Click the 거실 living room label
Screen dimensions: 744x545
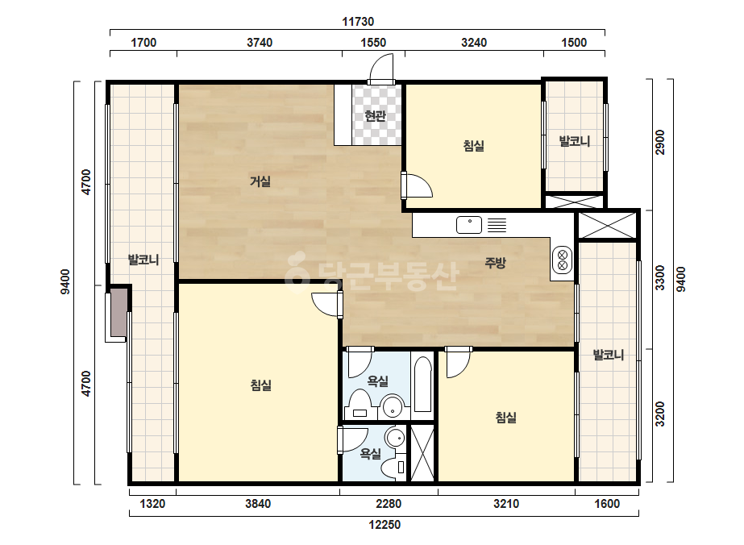click(260, 181)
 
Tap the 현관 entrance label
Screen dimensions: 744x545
click(376, 115)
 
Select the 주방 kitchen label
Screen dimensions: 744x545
click(496, 263)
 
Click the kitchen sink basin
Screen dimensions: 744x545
click(469, 225)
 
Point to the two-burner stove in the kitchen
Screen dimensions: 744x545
click(563, 260)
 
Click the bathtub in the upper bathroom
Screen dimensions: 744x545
click(422, 384)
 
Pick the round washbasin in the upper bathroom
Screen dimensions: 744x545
click(393, 406)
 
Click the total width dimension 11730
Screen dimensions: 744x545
click(358, 21)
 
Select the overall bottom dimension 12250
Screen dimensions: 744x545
click(384, 525)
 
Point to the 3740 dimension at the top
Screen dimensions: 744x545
click(260, 42)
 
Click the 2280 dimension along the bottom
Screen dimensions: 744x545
click(389, 503)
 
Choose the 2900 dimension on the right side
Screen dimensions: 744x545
click(660, 142)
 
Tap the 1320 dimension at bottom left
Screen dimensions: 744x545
click(152, 503)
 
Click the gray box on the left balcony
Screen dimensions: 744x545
click(118, 312)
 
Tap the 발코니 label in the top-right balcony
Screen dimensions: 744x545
click(575, 141)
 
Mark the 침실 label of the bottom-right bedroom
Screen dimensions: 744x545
click(505, 418)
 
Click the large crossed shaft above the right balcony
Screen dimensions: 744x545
click(607, 226)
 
